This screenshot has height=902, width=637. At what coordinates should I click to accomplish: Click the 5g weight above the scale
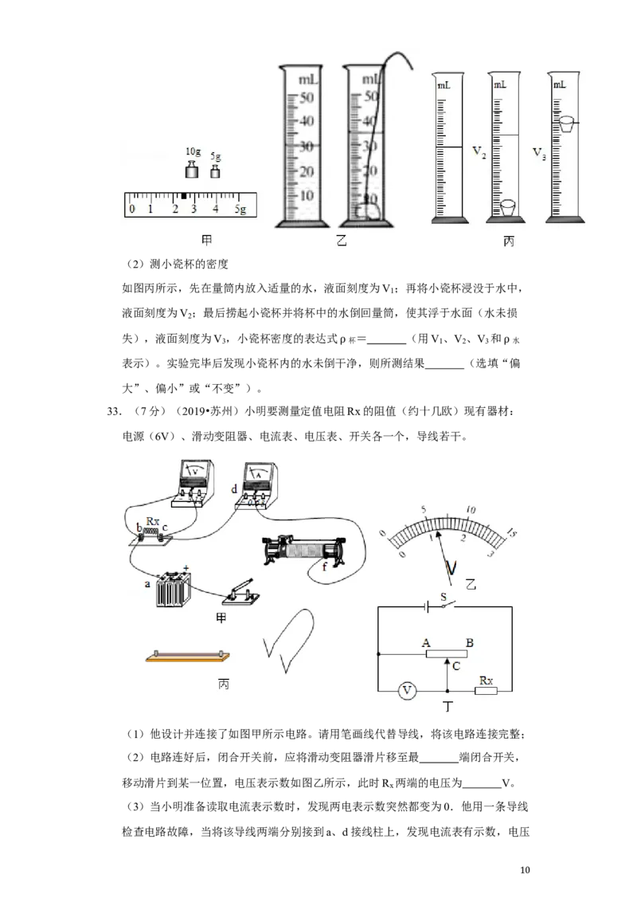215,171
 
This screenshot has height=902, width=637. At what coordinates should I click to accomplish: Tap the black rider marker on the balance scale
184,197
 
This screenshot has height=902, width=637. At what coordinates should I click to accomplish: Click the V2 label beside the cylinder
479,152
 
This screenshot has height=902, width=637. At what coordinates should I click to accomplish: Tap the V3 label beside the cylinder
539,153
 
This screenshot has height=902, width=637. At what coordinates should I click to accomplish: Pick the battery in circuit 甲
173,589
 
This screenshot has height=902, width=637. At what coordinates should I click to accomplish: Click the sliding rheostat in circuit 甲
304,551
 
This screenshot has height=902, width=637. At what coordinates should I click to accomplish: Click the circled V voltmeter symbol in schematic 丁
407,690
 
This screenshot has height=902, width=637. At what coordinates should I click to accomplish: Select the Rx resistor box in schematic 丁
485,690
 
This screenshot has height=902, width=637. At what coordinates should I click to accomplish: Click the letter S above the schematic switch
444,597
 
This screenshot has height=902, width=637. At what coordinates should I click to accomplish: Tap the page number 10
524,870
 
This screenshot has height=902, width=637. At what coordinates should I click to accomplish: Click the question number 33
114,411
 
